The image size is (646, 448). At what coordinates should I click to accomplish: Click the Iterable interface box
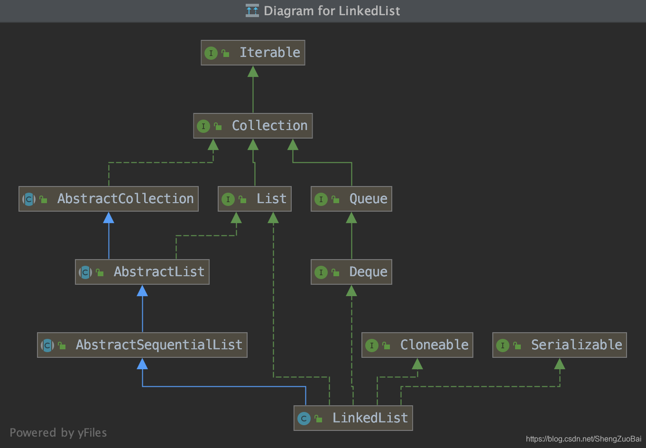253,53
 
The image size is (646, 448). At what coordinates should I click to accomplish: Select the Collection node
253,126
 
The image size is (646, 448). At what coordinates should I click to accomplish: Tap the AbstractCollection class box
109,199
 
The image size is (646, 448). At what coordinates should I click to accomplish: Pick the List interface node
255,199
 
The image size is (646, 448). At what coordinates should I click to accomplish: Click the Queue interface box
351,199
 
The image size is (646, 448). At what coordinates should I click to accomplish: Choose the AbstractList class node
142,272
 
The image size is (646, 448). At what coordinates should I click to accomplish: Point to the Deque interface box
351,272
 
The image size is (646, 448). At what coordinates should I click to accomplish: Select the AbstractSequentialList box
142,345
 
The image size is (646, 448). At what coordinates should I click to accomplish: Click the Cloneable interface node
417,345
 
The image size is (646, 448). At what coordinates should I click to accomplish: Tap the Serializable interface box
560,345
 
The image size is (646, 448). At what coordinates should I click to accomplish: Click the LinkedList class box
353,418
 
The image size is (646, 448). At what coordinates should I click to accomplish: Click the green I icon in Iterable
211,53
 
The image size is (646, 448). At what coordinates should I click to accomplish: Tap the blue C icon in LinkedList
304,419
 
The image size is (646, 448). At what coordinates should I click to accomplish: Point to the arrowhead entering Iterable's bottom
253,71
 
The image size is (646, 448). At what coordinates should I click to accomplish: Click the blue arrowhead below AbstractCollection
109,217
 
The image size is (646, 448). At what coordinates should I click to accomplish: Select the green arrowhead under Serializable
560,364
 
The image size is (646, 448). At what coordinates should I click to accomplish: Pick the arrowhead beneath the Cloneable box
417,364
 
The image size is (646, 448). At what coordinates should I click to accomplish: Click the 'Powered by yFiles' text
58,433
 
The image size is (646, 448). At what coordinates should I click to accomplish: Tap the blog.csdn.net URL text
583,439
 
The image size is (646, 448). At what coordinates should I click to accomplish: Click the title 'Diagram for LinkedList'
332,11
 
